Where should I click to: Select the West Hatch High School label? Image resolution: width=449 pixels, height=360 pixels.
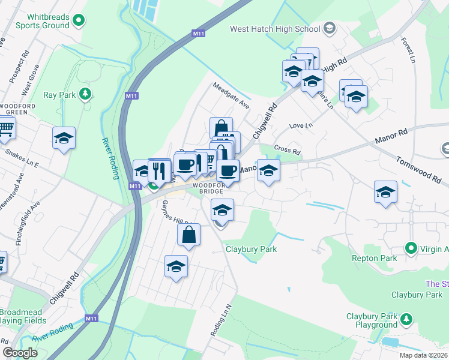pyautogui.click(x=275, y=29)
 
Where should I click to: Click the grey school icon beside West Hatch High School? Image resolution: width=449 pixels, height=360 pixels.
pyautogui.click(x=329, y=28)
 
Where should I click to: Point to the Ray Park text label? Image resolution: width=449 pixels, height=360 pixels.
pyautogui.click(x=59, y=95)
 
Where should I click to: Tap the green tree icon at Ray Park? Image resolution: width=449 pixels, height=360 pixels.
pyautogui.click(x=85, y=94)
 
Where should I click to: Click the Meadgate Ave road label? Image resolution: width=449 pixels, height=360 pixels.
pyautogui.click(x=231, y=95)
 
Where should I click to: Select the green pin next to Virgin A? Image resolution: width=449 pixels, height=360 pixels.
pyautogui.click(x=411, y=247)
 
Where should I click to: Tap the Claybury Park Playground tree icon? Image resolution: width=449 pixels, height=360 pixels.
pyautogui.click(x=407, y=318)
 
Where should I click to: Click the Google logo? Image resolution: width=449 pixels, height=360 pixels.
pyautogui.click(x=20, y=353)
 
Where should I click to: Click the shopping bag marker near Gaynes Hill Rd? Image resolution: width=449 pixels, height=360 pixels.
pyautogui.click(x=188, y=235)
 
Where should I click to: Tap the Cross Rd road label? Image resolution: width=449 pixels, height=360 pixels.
pyautogui.click(x=286, y=149)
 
